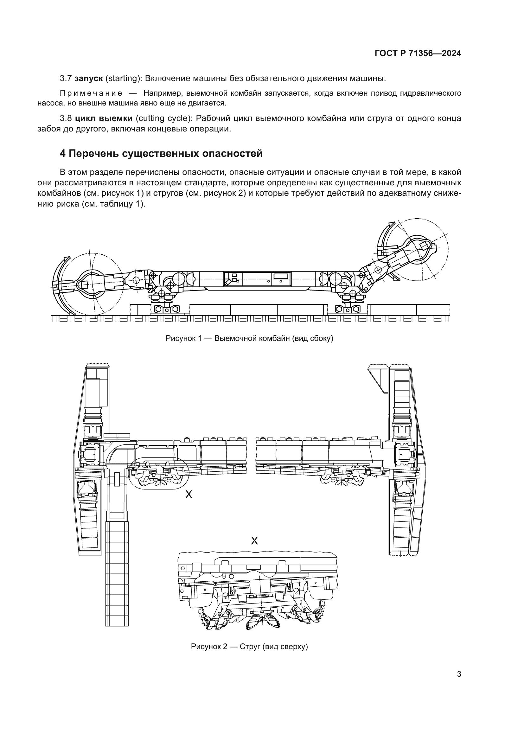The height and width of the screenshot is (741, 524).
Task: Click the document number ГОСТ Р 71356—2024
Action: [x=418, y=54]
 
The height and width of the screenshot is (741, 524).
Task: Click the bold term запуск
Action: [x=88, y=78]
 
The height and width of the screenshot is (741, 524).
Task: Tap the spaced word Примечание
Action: [x=91, y=93]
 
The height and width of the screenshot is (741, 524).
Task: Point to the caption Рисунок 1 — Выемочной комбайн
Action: [x=249, y=338]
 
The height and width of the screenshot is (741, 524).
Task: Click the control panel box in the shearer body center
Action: [x=257, y=278]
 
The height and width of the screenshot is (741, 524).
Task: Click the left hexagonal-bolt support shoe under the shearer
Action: [x=167, y=309]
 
